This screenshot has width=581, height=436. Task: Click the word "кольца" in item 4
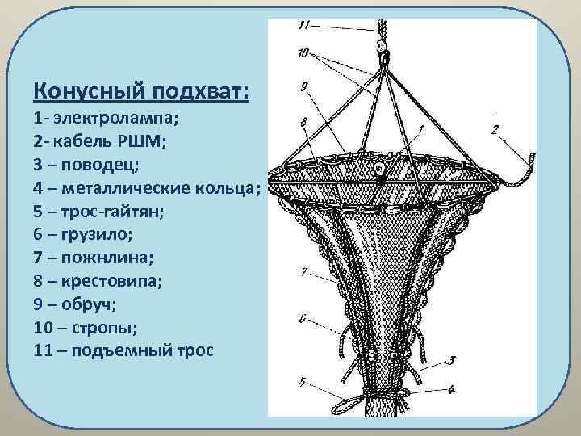[x=227, y=188]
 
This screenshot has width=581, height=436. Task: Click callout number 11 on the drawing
[x=303, y=26]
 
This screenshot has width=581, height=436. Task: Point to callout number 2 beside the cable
[x=495, y=128]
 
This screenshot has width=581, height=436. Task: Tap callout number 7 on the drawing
[x=303, y=273]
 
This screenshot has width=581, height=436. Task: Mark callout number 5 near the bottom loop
[x=302, y=380]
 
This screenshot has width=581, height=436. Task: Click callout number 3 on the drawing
[x=454, y=359]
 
